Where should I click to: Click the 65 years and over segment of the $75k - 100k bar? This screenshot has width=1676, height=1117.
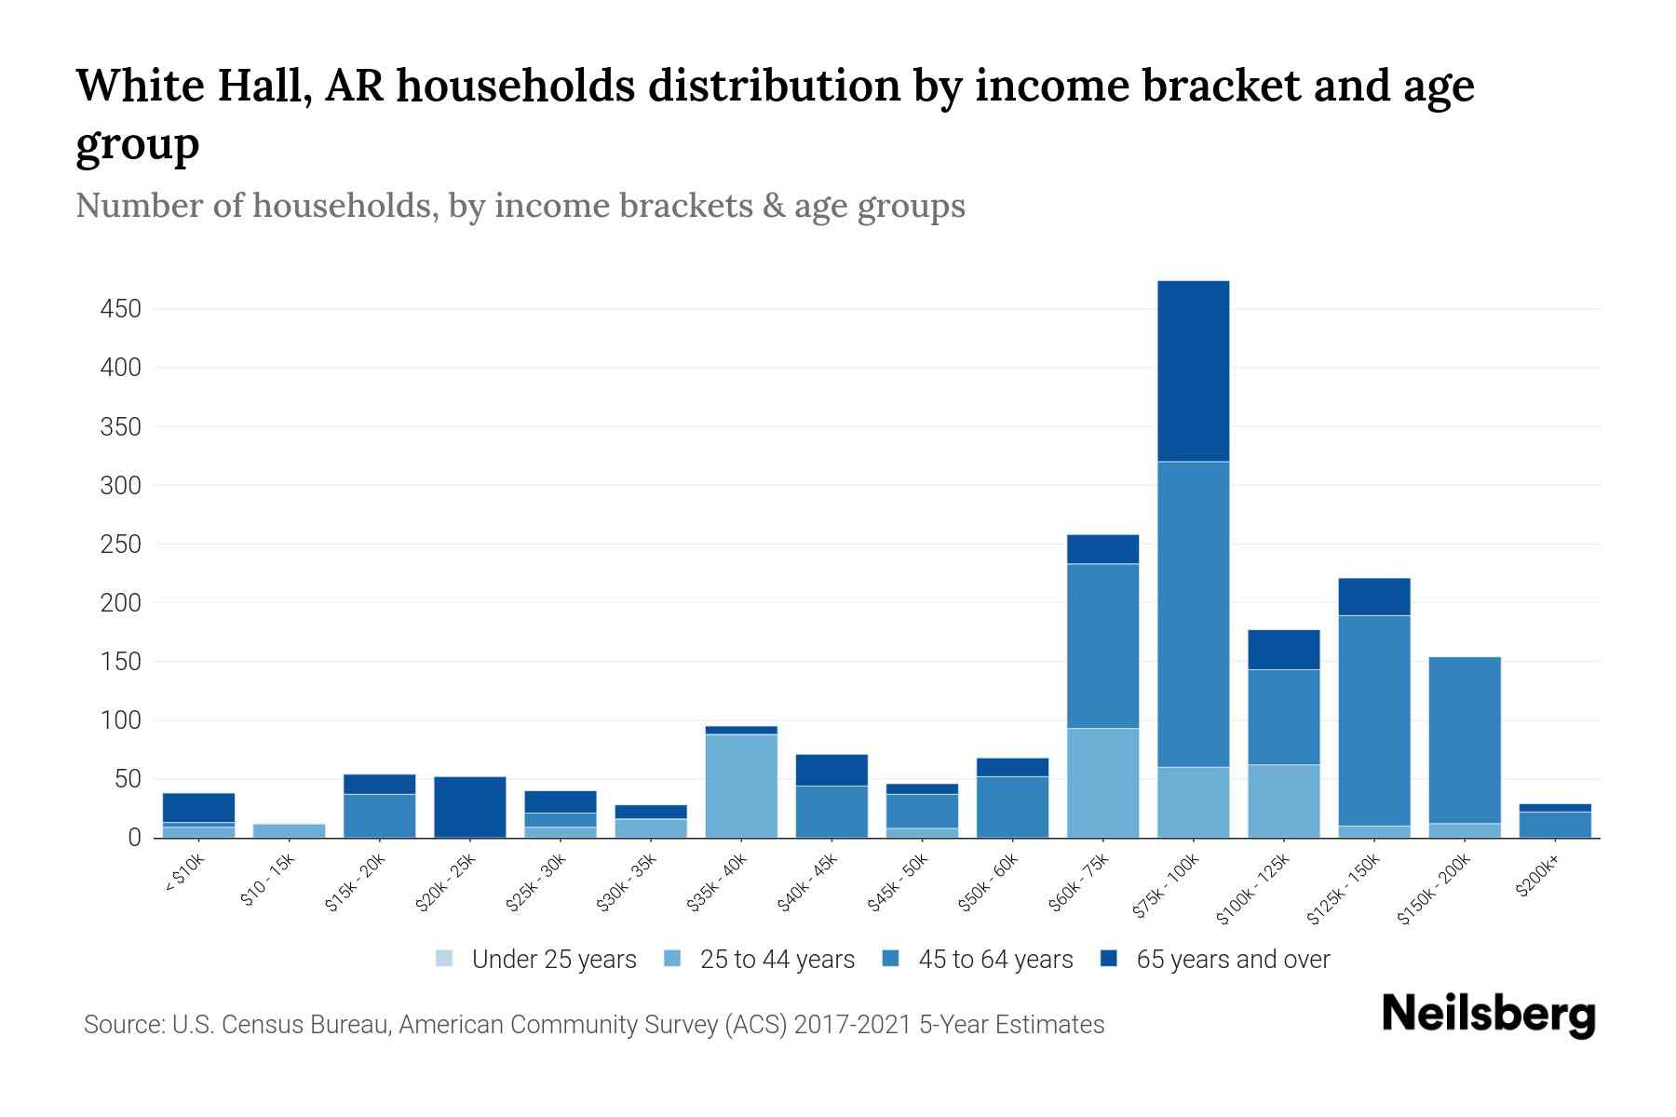[x=1193, y=370]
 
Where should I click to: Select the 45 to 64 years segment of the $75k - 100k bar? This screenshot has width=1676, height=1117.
[x=1193, y=614]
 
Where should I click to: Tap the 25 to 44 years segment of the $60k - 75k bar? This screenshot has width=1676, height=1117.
[x=1102, y=783]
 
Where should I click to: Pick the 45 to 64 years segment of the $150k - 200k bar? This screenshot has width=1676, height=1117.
[x=1465, y=740]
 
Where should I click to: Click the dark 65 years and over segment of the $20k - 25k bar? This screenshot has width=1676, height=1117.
[x=470, y=806]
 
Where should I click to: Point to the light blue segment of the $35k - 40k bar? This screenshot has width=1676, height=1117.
[x=741, y=786]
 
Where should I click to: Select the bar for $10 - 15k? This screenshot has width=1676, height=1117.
[x=289, y=830]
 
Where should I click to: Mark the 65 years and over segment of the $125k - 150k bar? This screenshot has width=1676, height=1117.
[x=1374, y=597]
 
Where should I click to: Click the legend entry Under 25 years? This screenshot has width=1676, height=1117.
[x=553, y=960]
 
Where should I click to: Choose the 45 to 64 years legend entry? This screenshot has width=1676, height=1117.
[x=994, y=960]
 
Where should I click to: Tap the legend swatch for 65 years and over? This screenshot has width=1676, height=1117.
[x=1109, y=959]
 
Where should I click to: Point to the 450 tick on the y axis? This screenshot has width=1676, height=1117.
[x=120, y=309]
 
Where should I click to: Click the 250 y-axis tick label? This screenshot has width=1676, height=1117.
[x=120, y=545]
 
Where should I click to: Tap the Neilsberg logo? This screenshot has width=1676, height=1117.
[x=1488, y=1015]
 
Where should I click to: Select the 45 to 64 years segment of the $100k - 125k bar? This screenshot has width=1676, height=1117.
[x=1283, y=717]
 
